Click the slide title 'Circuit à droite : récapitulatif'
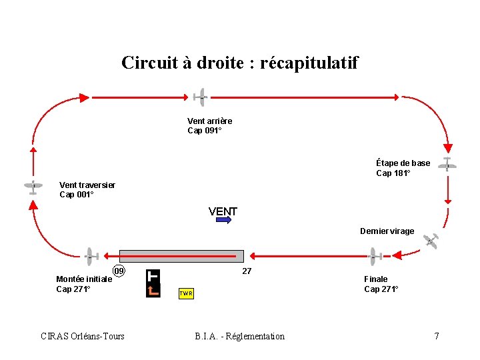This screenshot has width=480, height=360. point(239,63)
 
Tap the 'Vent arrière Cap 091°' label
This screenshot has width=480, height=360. point(209,125)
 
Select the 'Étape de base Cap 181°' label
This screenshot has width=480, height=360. point(403,168)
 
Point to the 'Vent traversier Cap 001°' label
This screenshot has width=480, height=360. point(87,190)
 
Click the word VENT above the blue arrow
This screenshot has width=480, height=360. point(223,212)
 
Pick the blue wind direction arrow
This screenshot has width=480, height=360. point(223,221)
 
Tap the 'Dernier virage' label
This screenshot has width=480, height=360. point(387,231)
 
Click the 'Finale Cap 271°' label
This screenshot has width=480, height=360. point(381,284)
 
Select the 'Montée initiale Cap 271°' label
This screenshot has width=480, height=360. point(83,284)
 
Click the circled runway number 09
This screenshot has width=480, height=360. point(119,271)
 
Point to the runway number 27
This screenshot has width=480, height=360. point(247,271)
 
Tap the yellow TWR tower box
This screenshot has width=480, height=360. point(186,293)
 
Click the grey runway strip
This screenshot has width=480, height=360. point(181,256)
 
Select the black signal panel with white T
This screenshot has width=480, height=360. point(153,283)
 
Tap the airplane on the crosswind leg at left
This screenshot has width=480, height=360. point(32,187)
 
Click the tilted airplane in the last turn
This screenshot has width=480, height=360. point(432,241)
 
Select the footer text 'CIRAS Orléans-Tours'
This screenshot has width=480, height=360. point(83,336)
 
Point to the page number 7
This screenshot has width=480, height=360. point(437,336)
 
